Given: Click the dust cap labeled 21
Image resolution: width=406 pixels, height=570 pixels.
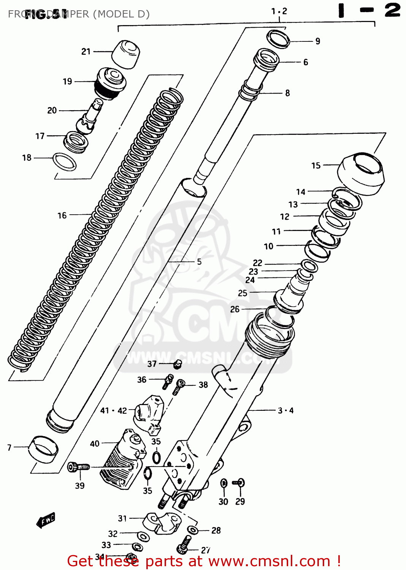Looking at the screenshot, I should (126, 54).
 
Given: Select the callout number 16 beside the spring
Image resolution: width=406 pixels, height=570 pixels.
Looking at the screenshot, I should (62, 215).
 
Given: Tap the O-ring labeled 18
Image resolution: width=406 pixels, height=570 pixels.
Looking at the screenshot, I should (64, 162).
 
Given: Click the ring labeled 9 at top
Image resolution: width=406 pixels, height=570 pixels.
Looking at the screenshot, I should (278, 39).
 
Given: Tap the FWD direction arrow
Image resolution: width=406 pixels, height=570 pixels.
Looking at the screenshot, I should (46, 520).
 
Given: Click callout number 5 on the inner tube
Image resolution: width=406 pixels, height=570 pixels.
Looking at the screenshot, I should (199, 261).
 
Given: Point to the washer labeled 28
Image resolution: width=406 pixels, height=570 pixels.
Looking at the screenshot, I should (193, 530).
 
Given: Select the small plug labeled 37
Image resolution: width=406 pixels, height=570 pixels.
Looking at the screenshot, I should (177, 364).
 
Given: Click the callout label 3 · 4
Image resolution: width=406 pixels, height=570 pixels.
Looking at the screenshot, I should (285, 410).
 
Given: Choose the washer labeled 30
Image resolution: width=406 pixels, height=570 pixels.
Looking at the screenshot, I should (224, 483).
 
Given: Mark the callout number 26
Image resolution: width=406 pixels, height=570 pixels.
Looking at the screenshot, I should (235, 309).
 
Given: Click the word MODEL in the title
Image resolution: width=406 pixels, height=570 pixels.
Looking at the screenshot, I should (114, 14).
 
